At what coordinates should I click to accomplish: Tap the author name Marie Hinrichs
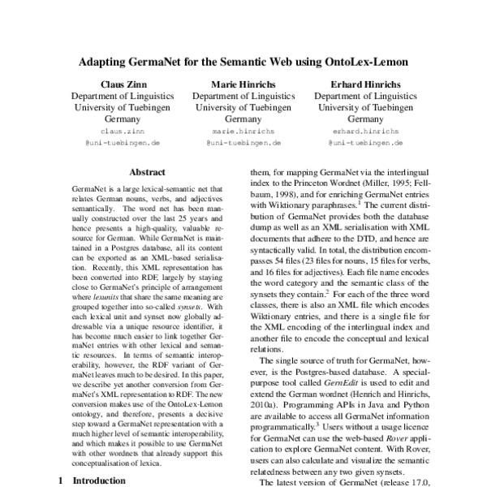click(243, 84)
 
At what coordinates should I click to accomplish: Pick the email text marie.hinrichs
click(243, 130)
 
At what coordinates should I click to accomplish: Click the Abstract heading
click(147, 172)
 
